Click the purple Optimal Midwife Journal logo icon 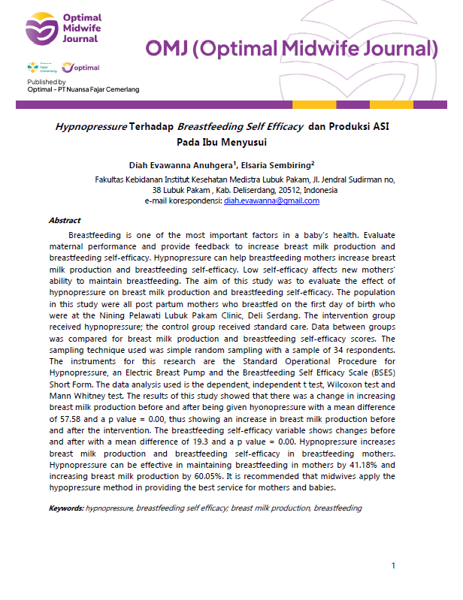39,30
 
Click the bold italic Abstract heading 65,221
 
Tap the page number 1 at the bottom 393,565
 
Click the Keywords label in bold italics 66,508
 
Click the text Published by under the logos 47,82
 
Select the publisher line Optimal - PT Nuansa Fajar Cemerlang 83,90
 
